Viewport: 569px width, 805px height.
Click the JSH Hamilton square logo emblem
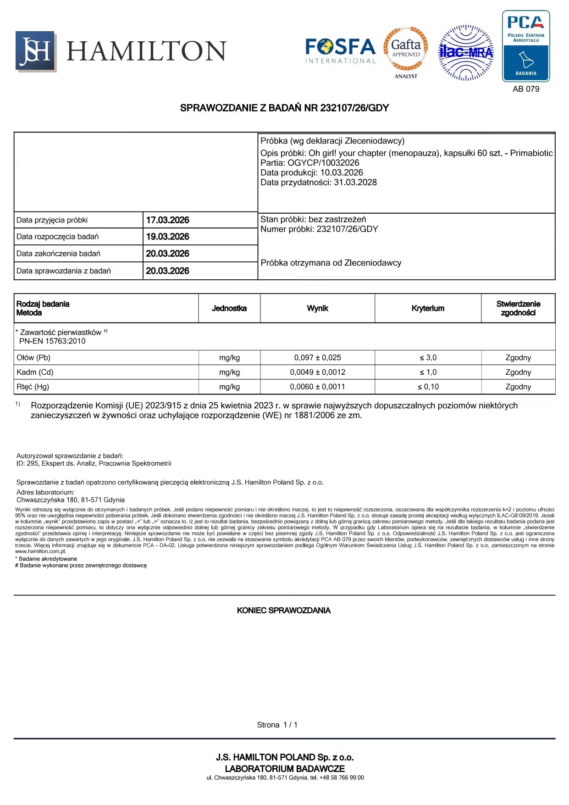coord(36,51)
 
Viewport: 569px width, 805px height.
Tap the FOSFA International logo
coord(340,50)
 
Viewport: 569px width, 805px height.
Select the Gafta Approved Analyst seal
coord(406,52)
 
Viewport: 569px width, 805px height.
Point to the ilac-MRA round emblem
coord(466,53)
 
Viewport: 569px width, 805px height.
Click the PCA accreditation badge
coord(525,46)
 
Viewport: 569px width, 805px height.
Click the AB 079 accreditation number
coord(526,89)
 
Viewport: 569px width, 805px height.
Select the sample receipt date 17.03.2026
coord(167,220)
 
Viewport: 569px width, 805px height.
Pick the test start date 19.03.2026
coord(167,237)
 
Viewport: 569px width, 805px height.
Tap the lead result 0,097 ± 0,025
coord(317,358)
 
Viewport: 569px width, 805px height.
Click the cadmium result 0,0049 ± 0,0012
coord(317,372)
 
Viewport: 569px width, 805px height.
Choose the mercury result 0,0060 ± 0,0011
coord(317,387)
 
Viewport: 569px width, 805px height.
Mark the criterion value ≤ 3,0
coord(428,358)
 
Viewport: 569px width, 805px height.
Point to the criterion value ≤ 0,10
coord(428,387)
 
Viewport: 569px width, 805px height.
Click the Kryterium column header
coord(428,308)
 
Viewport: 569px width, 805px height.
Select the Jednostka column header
coord(229,308)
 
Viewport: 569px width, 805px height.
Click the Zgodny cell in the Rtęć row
coord(518,387)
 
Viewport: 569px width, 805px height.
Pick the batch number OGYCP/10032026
coord(323,163)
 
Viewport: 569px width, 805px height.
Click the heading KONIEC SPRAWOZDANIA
coord(284,611)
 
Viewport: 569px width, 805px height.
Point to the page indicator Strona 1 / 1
coord(277,725)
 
